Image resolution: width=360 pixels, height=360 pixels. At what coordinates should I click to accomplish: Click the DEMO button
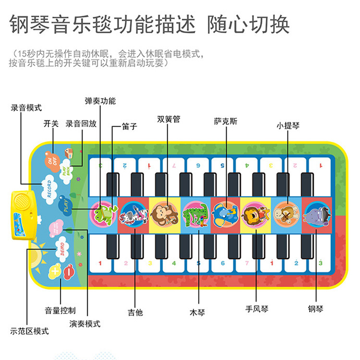[61, 247]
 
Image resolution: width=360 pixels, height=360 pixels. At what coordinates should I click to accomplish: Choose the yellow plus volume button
[54, 272]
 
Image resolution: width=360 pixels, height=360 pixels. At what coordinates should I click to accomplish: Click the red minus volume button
[69, 270]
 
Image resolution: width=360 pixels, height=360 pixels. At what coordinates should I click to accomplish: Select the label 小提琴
[288, 126]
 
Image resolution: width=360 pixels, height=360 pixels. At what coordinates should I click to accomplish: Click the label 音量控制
[60, 310]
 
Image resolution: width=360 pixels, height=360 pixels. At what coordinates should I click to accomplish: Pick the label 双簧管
[168, 119]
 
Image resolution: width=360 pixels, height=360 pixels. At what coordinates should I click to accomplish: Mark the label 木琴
[197, 312]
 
